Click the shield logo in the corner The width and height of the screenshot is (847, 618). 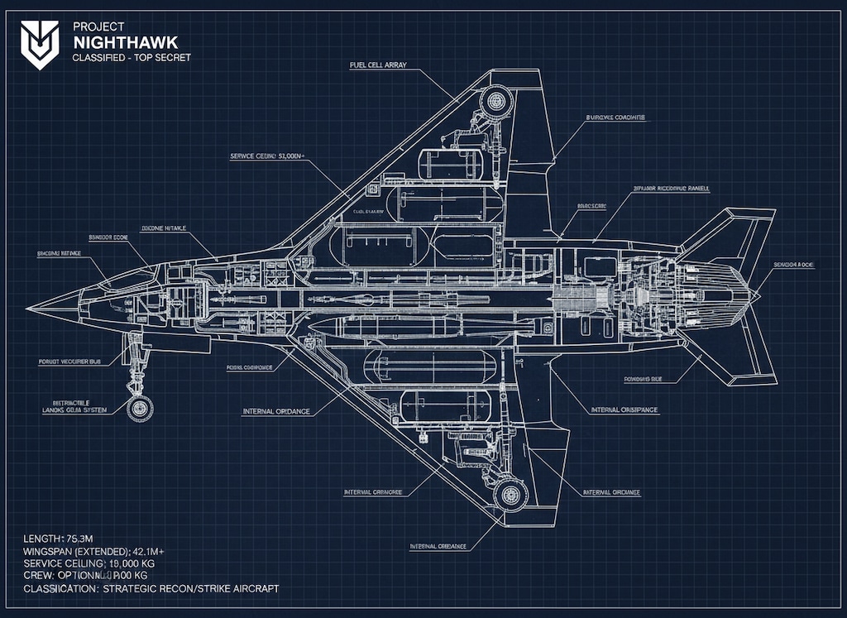40,44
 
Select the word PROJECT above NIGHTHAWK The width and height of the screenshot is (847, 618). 98,26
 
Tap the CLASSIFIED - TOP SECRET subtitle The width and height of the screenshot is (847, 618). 132,57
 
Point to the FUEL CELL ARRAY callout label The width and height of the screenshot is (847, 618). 378,65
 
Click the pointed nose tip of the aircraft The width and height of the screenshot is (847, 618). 29,308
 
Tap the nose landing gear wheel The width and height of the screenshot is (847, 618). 141,407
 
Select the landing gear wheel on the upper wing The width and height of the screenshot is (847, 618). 496,101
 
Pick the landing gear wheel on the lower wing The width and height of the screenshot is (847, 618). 510,495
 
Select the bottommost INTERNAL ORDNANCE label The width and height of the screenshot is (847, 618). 438,546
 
